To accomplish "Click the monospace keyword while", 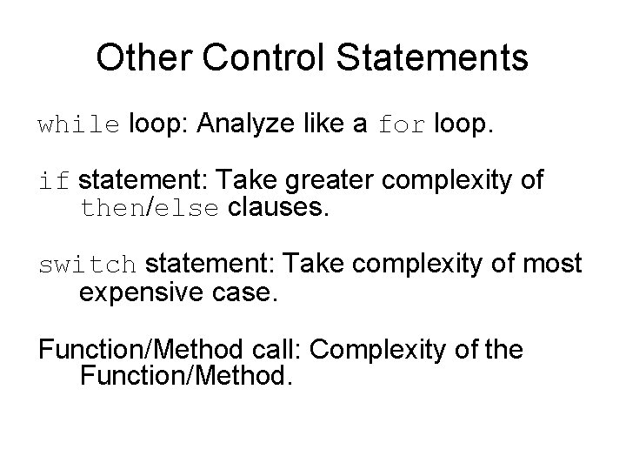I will click(78, 125).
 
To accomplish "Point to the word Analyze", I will click(246, 127).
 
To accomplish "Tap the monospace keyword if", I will click(53, 182).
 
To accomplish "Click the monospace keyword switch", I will click(87, 265).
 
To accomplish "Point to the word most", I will click(551, 265).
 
